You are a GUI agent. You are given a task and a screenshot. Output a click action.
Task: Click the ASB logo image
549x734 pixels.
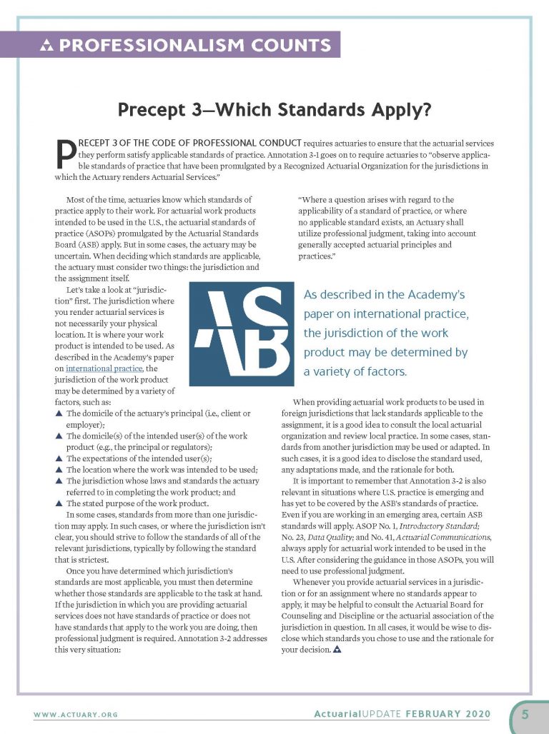coord(240,333)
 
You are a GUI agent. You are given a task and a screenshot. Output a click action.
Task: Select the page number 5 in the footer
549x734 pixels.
coord(525,714)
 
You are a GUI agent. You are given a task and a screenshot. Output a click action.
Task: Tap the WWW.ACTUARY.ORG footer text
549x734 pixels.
coord(76,715)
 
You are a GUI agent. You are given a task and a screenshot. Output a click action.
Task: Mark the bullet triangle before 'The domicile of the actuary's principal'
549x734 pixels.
coord(59,413)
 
